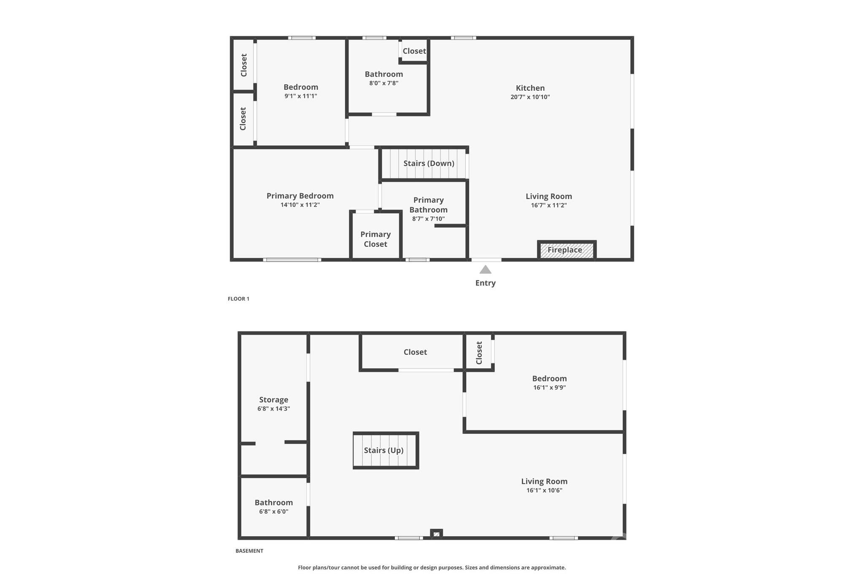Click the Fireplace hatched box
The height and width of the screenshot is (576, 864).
point(566,250)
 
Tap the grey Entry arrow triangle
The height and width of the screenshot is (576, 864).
point(485,270)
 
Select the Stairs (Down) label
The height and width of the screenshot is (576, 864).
point(429,163)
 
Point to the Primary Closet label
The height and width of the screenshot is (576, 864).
point(375,239)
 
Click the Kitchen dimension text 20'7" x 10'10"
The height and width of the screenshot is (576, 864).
point(530,97)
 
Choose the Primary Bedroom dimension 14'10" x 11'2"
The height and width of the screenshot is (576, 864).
point(300,205)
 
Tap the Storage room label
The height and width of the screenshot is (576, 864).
point(273,400)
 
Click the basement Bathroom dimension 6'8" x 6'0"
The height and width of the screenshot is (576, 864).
point(273,511)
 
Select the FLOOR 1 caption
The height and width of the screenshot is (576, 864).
point(238,299)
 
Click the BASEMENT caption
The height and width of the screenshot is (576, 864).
point(249,551)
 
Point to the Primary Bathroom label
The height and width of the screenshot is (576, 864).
point(428,205)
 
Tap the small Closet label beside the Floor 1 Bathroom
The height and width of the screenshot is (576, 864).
point(414,51)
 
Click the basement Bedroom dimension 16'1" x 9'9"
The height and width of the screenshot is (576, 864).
point(549,387)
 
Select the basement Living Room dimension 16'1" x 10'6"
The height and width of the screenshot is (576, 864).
point(544,490)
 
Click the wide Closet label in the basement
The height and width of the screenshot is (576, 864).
point(415,352)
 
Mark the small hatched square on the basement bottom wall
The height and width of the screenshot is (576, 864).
point(436,534)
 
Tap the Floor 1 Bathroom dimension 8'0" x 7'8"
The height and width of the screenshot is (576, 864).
point(383,83)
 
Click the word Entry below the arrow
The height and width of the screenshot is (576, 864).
point(485,283)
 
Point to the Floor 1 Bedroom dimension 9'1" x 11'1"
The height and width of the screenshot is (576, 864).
point(300,96)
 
